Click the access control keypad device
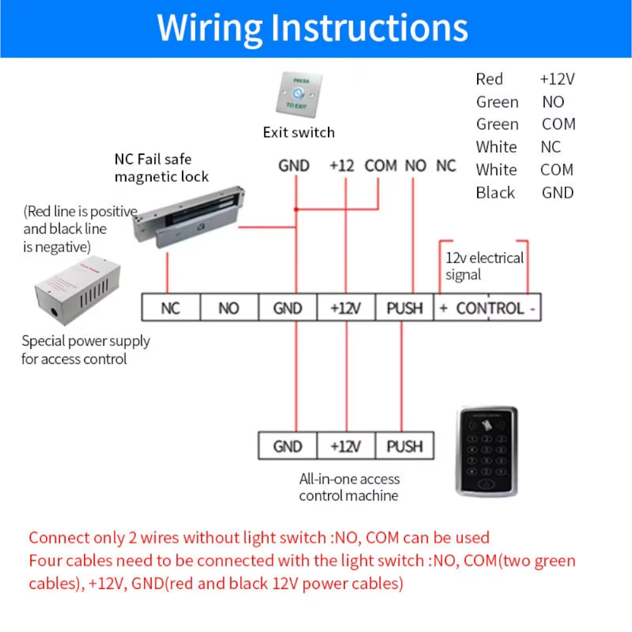(x=486, y=451)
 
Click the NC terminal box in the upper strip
(x=171, y=308)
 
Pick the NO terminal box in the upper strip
(x=229, y=308)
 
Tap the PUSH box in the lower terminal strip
(x=404, y=446)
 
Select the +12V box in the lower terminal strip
(x=346, y=446)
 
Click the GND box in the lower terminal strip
(x=288, y=446)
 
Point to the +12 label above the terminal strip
(x=341, y=166)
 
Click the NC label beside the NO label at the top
(x=446, y=166)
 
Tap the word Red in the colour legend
(x=489, y=80)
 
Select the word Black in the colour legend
(x=495, y=193)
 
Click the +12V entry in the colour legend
(x=557, y=80)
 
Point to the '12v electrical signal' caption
(x=484, y=266)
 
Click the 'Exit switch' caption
(x=299, y=133)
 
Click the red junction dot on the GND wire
(x=295, y=209)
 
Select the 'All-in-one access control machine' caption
(x=349, y=487)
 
